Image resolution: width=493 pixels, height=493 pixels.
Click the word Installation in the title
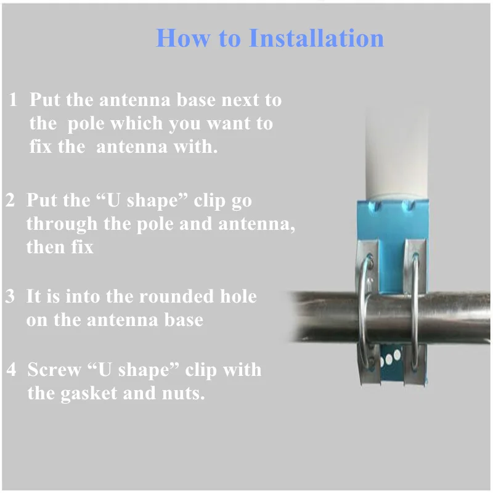pyautogui.click(x=316, y=38)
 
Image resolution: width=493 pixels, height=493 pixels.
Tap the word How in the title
pyautogui.click(x=179, y=38)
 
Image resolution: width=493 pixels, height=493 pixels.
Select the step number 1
pyautogui.click(x=14, y=100)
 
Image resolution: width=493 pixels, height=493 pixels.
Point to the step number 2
pyautogui.click(x=10, y=201)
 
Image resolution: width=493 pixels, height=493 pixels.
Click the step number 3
pyautogui.click(x=10, y=296)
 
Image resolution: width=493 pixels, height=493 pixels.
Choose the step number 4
pyautogui.click(x=12, y=370)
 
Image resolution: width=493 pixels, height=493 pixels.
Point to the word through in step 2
pyautogui.click(x=62, y=224)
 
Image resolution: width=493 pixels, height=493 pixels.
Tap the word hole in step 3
pyautogui.click(x=238, y=296)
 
